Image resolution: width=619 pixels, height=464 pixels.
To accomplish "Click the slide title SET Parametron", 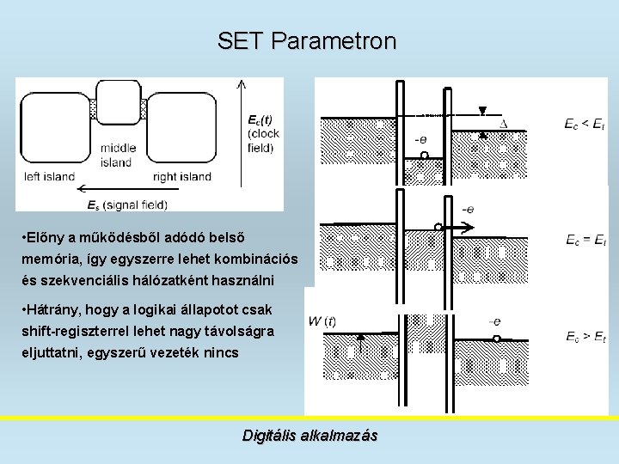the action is point(307,41).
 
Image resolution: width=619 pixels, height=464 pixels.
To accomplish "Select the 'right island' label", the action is point(181,177).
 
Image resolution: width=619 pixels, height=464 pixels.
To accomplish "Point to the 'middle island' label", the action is point(116,155).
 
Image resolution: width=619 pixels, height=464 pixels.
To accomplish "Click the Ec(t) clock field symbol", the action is point(259,119).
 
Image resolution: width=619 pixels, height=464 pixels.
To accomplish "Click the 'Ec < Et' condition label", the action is point(585,125).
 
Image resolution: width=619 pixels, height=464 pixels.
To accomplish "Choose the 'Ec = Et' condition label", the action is point(585,239).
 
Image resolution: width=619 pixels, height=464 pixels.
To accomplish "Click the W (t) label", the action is point(322,322).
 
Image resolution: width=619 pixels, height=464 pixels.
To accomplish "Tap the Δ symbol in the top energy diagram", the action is point(504,124).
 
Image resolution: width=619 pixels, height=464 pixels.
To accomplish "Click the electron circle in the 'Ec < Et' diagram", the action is point(424,156).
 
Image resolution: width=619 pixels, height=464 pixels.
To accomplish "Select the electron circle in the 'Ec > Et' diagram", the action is point(496,339).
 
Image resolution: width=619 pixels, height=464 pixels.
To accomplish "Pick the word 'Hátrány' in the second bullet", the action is point(56,310).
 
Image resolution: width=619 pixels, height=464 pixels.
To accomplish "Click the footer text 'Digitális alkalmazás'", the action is point(309,436).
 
